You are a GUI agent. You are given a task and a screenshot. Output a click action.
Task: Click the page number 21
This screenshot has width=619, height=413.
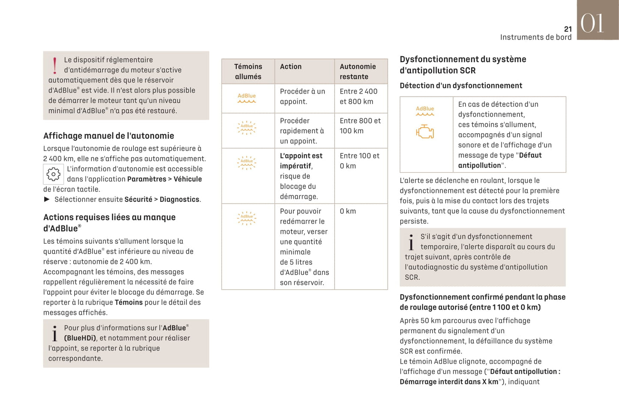(568, 29)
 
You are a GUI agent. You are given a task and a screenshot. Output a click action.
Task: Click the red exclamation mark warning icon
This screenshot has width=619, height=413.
(54, 66)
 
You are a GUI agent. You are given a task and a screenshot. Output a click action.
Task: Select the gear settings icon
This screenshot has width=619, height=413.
(54, 174)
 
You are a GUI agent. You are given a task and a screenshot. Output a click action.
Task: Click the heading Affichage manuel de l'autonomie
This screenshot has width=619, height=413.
(108, 136)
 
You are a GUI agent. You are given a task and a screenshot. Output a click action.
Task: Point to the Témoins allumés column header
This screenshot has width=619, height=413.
(248, 72)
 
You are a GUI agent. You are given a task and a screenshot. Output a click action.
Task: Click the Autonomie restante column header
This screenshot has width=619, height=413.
(358, 72)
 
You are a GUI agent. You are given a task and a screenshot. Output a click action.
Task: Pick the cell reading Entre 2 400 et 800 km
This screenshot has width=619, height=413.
(359, 96)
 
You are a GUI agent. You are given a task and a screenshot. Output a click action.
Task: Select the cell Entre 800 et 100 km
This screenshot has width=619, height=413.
(360, 126)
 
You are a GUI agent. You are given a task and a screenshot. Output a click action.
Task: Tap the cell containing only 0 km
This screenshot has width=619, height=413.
(348, 211)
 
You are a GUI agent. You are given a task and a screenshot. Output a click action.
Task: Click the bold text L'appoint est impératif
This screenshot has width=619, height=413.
(301, 161)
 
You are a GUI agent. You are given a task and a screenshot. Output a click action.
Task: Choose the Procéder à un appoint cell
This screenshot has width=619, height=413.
(302, 96)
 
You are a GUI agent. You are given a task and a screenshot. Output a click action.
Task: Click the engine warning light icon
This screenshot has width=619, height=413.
(425, 132)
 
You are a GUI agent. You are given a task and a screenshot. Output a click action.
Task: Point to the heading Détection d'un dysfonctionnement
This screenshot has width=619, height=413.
(461, 86)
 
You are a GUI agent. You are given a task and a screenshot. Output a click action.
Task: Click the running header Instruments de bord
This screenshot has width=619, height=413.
(535, 37)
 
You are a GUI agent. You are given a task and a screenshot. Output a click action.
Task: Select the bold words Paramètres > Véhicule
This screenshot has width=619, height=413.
(164, 179)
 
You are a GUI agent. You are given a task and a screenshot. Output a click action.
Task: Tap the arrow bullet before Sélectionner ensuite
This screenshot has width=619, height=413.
(47, 199)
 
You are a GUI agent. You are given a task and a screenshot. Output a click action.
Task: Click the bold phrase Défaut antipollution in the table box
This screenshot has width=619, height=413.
(500, 160)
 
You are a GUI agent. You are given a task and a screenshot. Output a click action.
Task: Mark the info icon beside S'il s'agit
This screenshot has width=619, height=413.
(411, 242)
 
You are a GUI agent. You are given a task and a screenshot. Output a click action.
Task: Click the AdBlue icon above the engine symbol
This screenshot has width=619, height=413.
(425, 111)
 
